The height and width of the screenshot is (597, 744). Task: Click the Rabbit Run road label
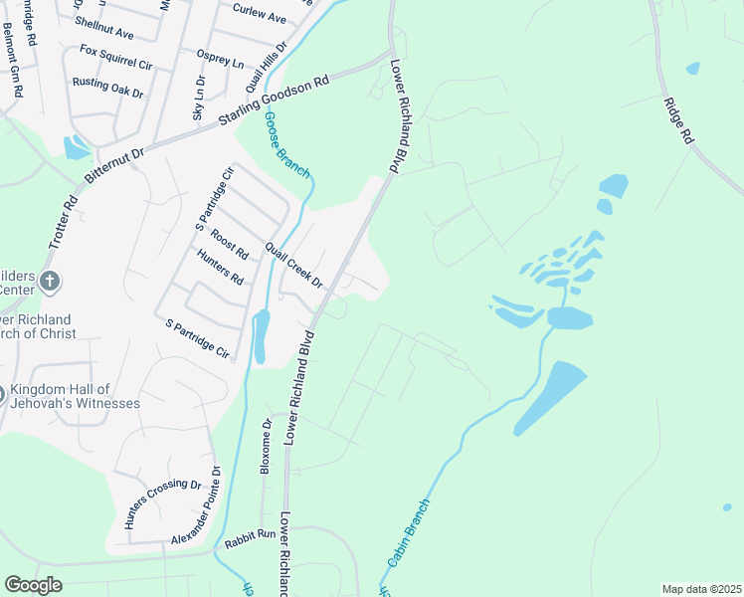250,534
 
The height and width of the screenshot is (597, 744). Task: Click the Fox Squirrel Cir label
116,57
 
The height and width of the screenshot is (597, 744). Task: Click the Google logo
33,585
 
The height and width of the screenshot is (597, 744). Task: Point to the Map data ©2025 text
702,589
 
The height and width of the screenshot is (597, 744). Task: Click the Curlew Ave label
259,17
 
